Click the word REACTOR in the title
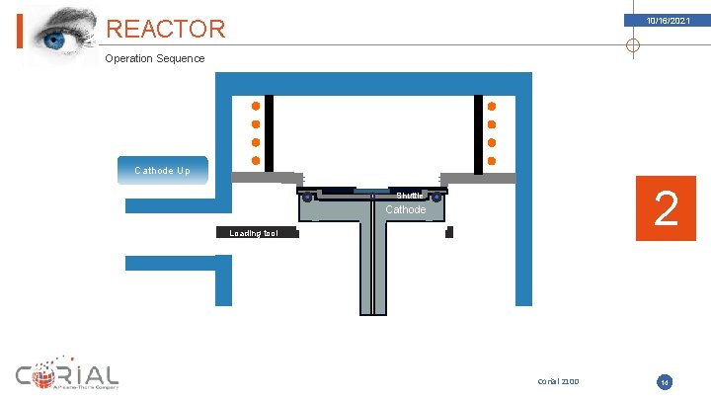pyautogui.click(x=165, y=30)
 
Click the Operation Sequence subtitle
pyautogui.click(x=155, y=58)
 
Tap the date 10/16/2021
pyautogui.click(x=669, y=21)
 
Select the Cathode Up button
pyautogui.click(x=162, y=171)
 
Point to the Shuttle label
pyautogui.click(x=410, y=195)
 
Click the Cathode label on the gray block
pyautogui.click(x=405, y=209)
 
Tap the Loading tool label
pyautogui.click(x=254, y=234)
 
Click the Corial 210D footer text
pyautogui.click(x=558, y=381)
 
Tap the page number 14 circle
pyautogui.click(x=665, y=381)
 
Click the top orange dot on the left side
pyautogui.click(x=256, y=106)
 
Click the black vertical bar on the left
pyautogui.click(x=269, y=131)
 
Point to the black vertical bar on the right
pyautogui.click(x=479, y=131)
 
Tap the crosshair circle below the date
pyautogui.click(x=633, y=44)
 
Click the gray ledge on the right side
pyautogui.click(x=478, y=178)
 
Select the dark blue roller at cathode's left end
pyautogui.click(x=308, y=198)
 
